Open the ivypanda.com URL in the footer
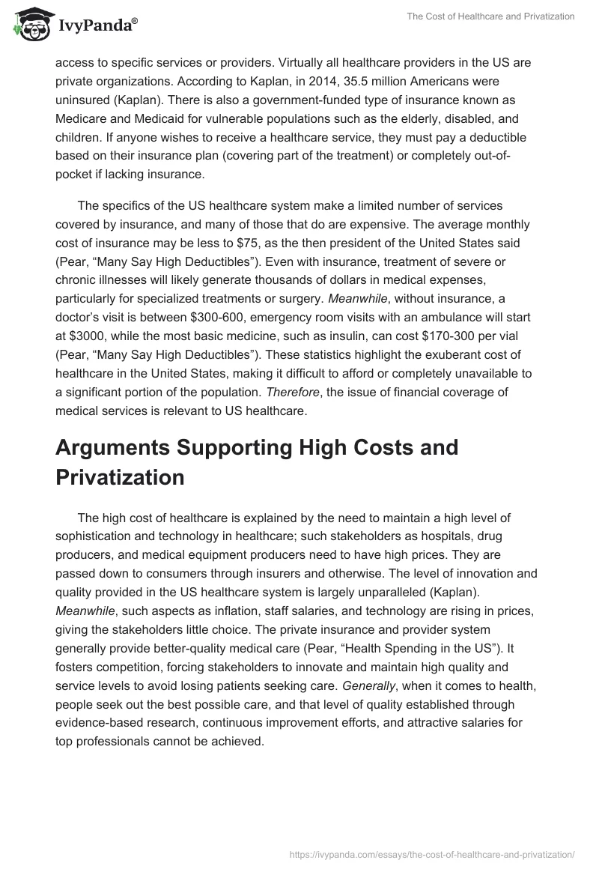431,853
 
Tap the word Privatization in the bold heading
120,478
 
